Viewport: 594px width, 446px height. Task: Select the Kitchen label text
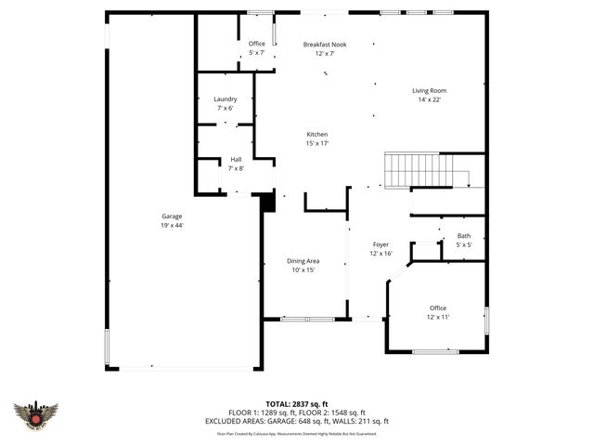tap(317, 135)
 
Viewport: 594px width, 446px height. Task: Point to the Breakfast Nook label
tap(324, 44)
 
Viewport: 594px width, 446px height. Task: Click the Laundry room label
tap(225, 99)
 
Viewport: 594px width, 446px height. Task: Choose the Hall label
tap(236, 160)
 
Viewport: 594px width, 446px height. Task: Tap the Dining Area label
tap(303, 261)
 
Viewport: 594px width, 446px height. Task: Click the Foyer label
tap(381, 244)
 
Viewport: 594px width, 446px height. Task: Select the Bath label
tap(463, 236)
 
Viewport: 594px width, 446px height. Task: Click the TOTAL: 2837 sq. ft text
tap(297, 404)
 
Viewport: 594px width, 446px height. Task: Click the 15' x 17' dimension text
tap(317, 143)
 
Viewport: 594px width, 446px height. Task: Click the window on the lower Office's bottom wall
tap(435, 351)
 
